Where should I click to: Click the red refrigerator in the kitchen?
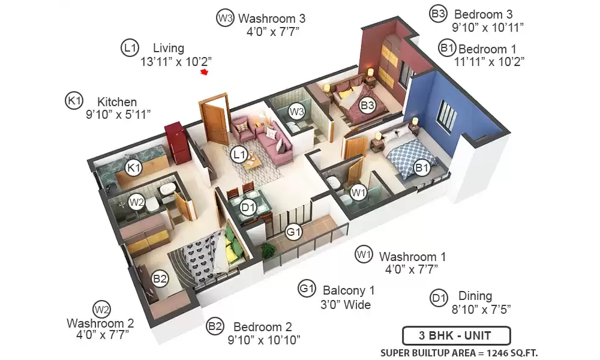pyautogui.click(x=176, y=143)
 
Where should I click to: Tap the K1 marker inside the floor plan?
pyautogui.click(x=134, y=167)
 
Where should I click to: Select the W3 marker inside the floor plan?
pyautogui.click(x=296, y=112)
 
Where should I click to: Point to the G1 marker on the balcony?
pyautogui.click(x=293, y=232)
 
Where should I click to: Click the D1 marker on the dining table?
pyautogui.click(x=248, y=208)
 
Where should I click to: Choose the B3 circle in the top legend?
pyautogui.click(x=438, y=14)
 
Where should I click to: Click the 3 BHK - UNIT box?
pyautogui.click(x=456, y=335)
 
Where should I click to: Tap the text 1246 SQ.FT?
pyautogui.click(x=512, y=353)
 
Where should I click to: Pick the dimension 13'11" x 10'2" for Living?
pyautogui.click(x=176, y=62)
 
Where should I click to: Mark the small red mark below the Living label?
pyautogui.click(x=205, y=72)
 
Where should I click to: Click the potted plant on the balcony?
pyautogui.click(x=269, y=251)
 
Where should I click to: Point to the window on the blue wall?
pyautogui.click(x=448, y=115)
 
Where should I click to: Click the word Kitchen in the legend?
pyautogui.click(x=117, y=102)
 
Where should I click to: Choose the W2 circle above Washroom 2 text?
pyautogui.click(x=102, y=310)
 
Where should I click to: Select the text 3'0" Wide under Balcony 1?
pyautogui.click(x=346, y=305)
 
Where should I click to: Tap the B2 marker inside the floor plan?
pyautogui.click(x=160, y=278)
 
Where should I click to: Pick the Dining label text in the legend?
pyautogui.click(x=475, y=296)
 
